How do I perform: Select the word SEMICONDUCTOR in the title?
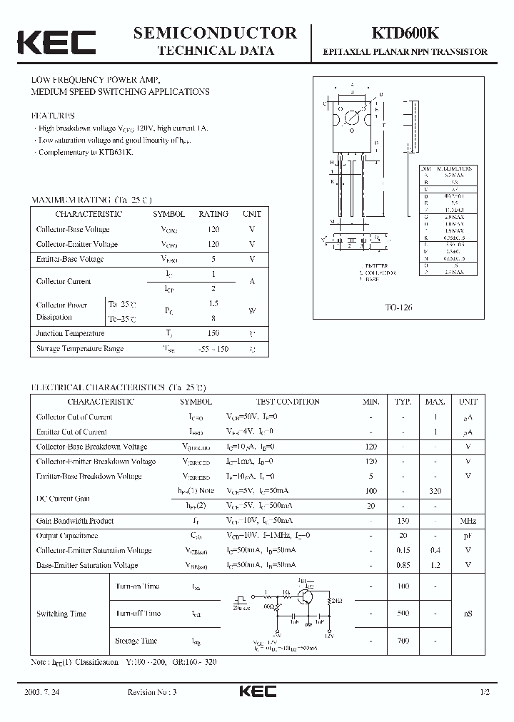click(215, 33)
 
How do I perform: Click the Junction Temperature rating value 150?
click(213, 333)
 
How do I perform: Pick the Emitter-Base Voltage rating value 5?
click(213, 259)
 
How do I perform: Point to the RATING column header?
click(213, 214)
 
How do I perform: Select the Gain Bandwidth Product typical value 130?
click(403, 521)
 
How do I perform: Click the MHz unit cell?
click(468, 521)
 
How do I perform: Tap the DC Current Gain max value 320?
click(435, 492)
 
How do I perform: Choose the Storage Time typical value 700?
click(403, 641)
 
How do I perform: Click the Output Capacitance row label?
click(67, 536)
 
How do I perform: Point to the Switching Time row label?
click(61, 614)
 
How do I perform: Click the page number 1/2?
click(486, 692)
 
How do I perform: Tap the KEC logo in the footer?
click(257, 691)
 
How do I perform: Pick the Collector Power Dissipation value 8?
click(213, 319)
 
